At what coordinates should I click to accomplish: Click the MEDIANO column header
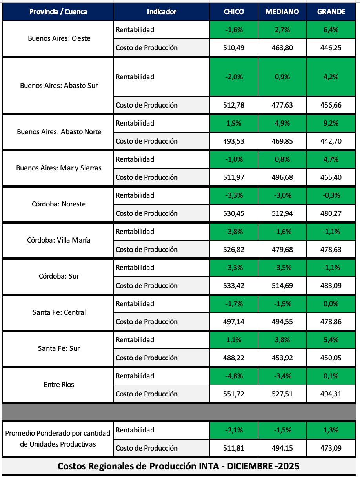click(282, 11)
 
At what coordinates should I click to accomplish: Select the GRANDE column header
click(331, 11)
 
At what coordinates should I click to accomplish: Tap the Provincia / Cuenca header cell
click(58, 11)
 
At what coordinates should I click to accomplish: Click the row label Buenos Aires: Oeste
click(59, 38)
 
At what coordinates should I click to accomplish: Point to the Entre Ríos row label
click(59, 385)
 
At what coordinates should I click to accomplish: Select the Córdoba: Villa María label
click(59, 240)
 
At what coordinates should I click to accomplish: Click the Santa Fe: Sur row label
click(59, 348)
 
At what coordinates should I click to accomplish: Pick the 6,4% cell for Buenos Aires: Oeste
click(331, 30)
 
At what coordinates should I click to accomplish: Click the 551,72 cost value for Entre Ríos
click(234, 394)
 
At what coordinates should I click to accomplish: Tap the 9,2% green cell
click(331, 123)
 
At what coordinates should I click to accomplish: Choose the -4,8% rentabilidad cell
click(234, 376)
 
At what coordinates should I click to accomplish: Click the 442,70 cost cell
click(331, 141)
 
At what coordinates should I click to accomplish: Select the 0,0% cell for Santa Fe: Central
click(331, 304)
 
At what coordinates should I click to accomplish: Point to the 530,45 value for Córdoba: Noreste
click(234, 213)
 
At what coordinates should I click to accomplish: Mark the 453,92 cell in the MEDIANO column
click(282, 358)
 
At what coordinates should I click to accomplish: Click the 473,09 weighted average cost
click(331, 448)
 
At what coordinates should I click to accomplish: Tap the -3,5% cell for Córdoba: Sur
click(282, 268)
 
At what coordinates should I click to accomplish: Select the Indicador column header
click(162, 11)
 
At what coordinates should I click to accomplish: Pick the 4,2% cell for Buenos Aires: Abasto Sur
click(331, 77)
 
